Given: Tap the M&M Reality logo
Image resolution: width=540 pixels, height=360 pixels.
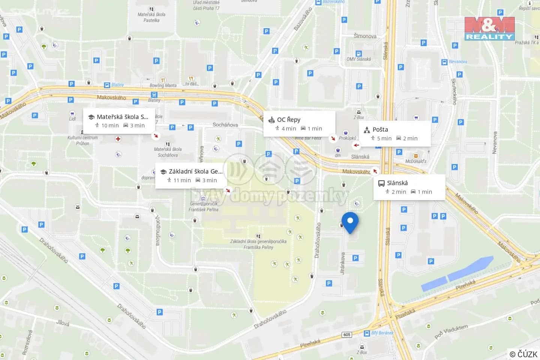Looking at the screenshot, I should pos(489,28).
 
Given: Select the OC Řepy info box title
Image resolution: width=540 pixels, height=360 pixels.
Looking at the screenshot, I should pos(288,120).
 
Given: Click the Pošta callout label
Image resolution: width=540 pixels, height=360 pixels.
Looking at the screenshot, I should pos(380,129).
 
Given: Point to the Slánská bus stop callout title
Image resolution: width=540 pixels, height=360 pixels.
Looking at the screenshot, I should pos(397,183).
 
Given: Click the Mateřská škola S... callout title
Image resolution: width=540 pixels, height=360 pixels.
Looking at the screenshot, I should pos(122,117).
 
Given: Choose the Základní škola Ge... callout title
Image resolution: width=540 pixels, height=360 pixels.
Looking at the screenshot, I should pos(195,171).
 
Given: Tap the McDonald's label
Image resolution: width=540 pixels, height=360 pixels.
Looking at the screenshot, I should pos(415,161).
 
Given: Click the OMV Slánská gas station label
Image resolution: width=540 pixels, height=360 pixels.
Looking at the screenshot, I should pos(358,59).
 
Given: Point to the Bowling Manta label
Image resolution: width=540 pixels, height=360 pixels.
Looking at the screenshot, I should pos(163,85).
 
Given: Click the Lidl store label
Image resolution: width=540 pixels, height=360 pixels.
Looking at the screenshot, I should pos(72,119).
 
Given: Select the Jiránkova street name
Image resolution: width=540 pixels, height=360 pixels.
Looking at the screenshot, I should pos(343,263).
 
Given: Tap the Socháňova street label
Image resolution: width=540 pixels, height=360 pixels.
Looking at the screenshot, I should pos(225,124).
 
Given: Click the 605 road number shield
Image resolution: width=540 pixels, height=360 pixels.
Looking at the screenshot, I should pos(347,334).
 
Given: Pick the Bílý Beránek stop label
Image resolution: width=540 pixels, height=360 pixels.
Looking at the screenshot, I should pos(382,333).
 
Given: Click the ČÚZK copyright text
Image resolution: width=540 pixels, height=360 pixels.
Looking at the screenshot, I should pos(523,354).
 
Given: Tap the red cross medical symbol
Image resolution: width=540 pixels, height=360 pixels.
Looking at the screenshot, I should pos(118,139).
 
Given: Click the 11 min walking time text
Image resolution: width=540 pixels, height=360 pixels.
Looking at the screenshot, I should pos(182,180).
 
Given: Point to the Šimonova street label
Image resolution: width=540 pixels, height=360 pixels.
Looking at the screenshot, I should pos(365,36).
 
